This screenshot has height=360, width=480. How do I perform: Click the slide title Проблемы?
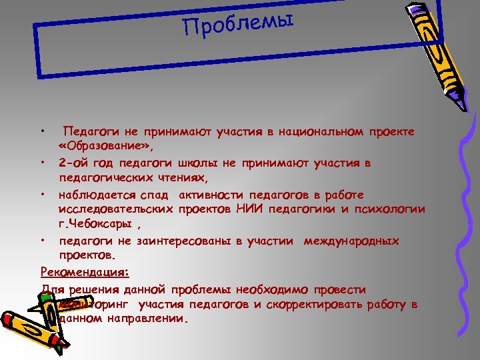[238, 25]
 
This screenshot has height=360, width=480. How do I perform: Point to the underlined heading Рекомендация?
[85, 272]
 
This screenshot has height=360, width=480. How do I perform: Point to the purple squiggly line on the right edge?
[464, 220]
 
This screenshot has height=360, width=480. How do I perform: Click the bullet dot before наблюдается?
[42, 195]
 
